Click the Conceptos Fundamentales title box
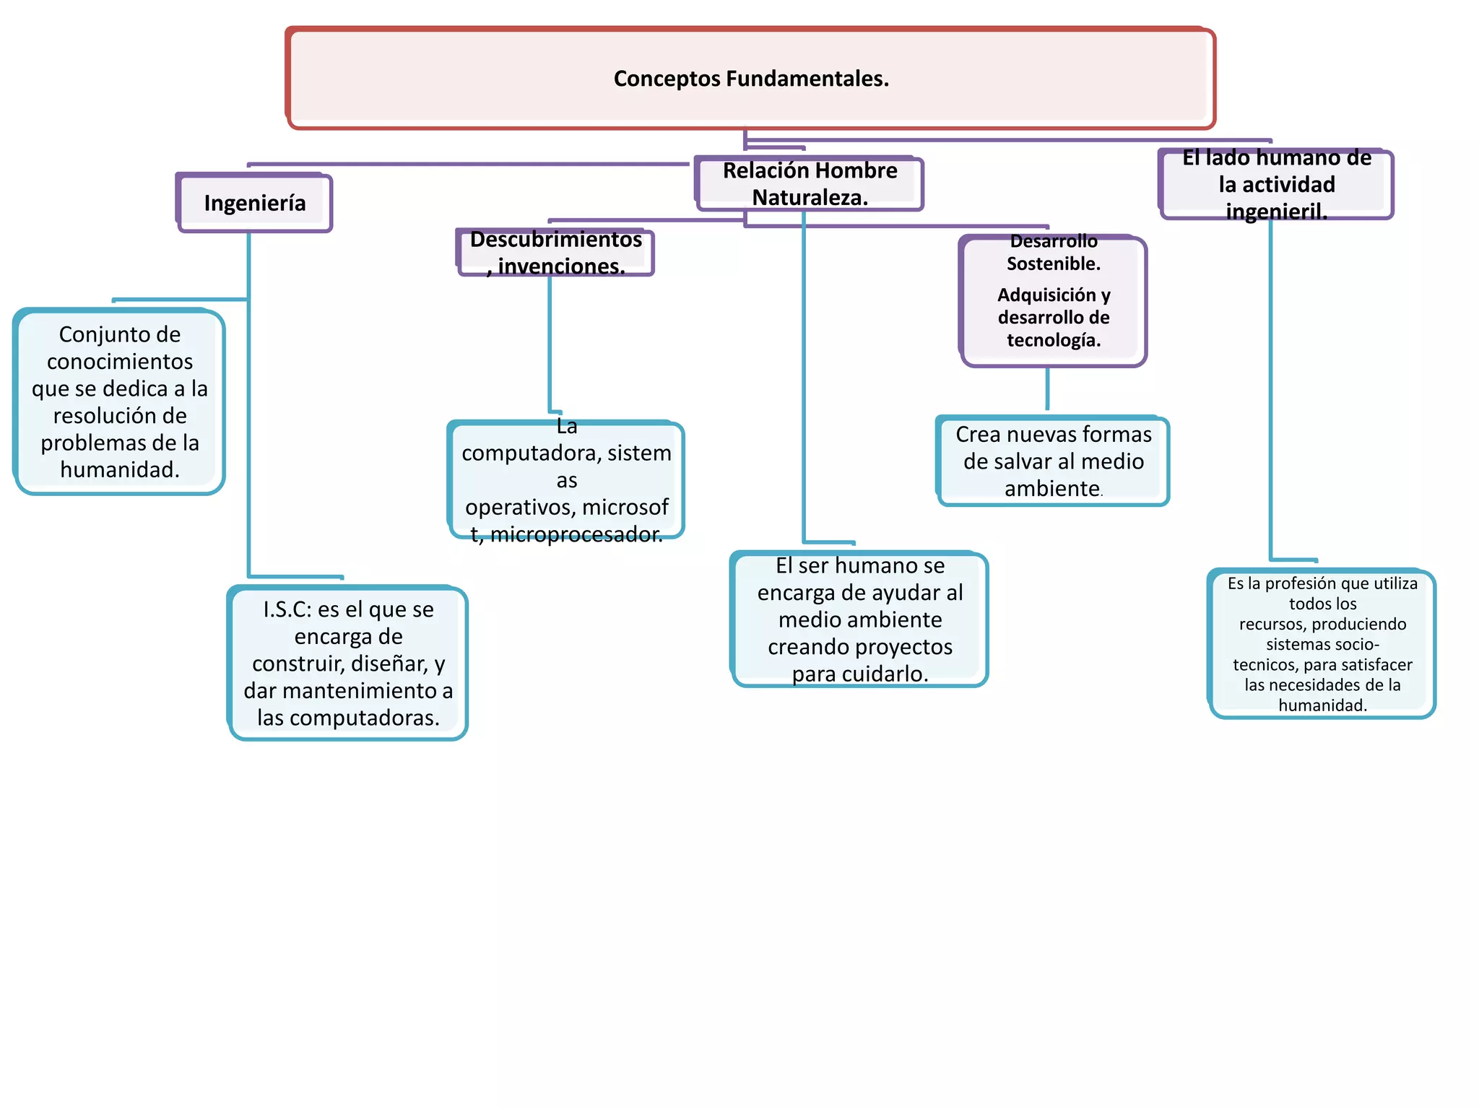751,78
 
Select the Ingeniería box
254,203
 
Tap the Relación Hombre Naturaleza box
810,184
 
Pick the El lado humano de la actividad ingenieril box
1276,184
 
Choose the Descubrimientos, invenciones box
555,253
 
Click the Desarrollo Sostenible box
1054,301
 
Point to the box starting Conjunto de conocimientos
120,402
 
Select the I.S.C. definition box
348,664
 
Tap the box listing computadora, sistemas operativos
566,480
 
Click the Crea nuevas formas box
1053,461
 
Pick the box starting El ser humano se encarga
859,619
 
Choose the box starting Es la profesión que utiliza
1322,644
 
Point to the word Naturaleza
810,197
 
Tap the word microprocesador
576,534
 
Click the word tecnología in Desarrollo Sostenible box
1054,340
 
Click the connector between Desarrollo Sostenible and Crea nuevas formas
1047,390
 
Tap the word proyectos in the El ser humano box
906,647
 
